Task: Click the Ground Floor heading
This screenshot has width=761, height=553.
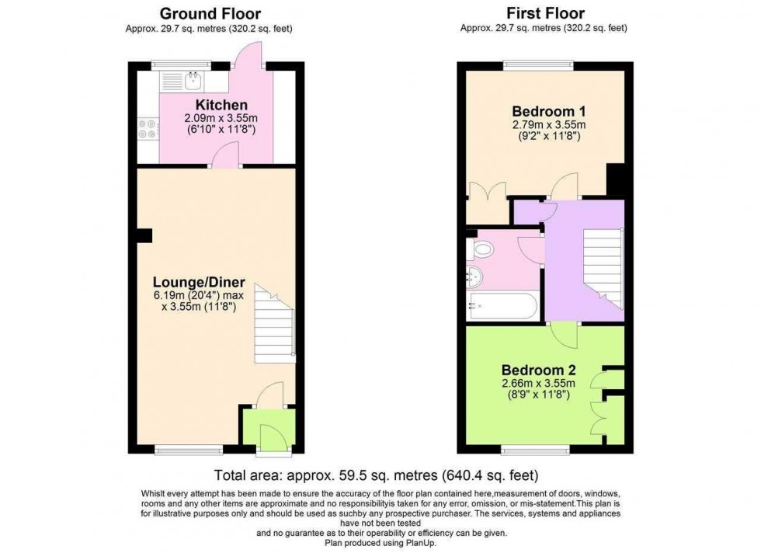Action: (210, 13)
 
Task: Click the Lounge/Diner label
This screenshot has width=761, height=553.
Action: (199, 282)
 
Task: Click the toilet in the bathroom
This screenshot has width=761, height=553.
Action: (483, 249)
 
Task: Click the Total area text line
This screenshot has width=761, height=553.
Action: (376, 475)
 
